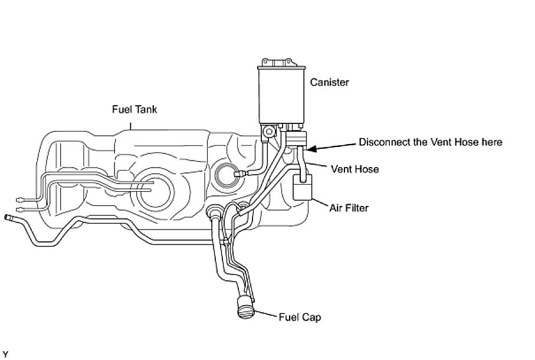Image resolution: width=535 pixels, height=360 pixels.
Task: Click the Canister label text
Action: pos(329,83)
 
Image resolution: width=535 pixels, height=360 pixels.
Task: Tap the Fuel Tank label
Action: pos(134,110)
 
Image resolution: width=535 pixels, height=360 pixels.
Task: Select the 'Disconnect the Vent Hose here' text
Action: pos(431,142)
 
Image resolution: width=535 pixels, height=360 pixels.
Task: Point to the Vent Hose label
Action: pos(355,169)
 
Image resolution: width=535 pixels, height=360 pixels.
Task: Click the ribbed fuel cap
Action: pos(245,307)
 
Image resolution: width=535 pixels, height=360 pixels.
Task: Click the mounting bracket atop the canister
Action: pos(281,63)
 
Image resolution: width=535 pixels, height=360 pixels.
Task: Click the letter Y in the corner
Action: pos(5,354)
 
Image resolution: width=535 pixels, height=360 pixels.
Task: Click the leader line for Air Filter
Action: pos(321,204)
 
